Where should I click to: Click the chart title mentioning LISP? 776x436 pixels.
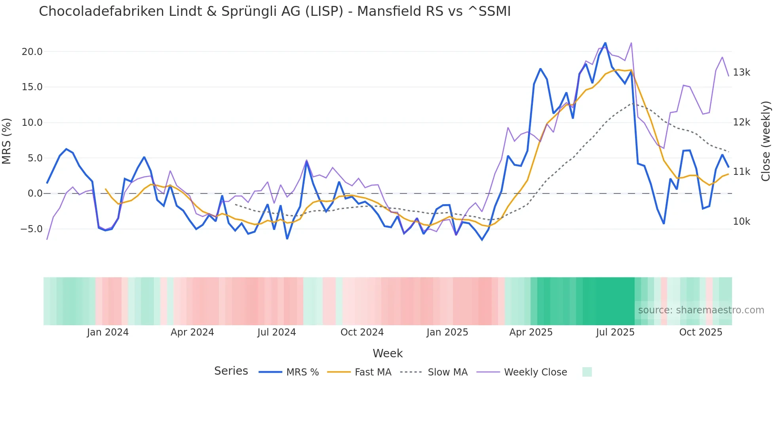(274, 11)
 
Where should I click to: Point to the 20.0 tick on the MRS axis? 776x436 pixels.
(32, 52)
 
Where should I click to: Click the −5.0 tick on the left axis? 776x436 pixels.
(31, 229)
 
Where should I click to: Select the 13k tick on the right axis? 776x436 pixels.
(741, 72)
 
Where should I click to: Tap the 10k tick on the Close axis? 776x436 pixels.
(741, 222)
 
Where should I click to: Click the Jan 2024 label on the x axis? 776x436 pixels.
(108, 332)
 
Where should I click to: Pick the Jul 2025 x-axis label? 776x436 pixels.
(615, 332)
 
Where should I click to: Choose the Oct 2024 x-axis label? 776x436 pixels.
(362, 332)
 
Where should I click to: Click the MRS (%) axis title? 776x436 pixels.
(7, 141)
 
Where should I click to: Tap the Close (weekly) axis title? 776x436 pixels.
(766, 141)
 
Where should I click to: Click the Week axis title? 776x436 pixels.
(388, 353)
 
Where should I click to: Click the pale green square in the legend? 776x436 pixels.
(587, 372)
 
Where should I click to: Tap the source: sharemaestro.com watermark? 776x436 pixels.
(701, 310)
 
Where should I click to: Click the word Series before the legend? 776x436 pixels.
(231, 371)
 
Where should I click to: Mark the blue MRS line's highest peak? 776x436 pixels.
(605, 43)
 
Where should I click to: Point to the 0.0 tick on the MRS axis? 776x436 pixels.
(35, 193)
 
